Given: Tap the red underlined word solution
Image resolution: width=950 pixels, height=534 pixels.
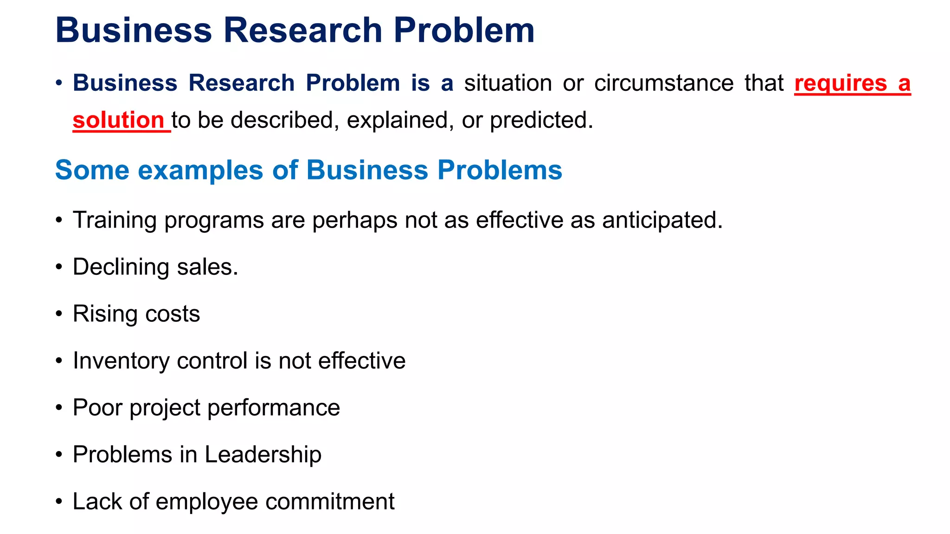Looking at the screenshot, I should pyautogui.click(x=118, y=121).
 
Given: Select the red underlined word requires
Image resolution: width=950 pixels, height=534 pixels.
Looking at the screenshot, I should pyautogui.click(x=841, y=84).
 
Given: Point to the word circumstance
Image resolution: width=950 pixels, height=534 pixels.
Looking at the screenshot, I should pyautogui.click(x=664, y=83).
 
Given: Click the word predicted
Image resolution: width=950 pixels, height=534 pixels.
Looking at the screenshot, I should pyautogui.click(x=541, y=121).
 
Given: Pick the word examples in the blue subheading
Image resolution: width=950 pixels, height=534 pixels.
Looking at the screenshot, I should pyautogui.click(x=200, y=170).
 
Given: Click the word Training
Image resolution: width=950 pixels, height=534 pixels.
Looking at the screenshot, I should pyautogui.click(x=115, y=220).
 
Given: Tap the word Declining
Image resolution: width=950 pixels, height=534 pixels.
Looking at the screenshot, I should pyautogui.click(x=121, y=267).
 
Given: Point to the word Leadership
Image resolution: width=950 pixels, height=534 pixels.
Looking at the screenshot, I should pyautogui.click(x=263, y=454).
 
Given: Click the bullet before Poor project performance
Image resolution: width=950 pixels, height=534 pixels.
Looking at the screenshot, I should pyautogui.click(x=59, y=408).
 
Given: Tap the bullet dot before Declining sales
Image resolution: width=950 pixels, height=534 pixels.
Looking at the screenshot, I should pyautogui.click(x=59, y=267).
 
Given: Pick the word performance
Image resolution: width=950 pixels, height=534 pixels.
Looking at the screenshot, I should pyautogui.click(x=274, y=408).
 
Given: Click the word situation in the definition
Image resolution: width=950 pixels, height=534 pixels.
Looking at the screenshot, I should pyautogui.click(x=508, y=83).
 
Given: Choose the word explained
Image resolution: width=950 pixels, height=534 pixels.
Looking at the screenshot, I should pyautogui.click(x=400, y=121).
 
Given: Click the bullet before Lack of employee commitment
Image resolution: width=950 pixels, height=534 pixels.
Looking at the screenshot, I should pyautogui.click(x=59, y=502).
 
